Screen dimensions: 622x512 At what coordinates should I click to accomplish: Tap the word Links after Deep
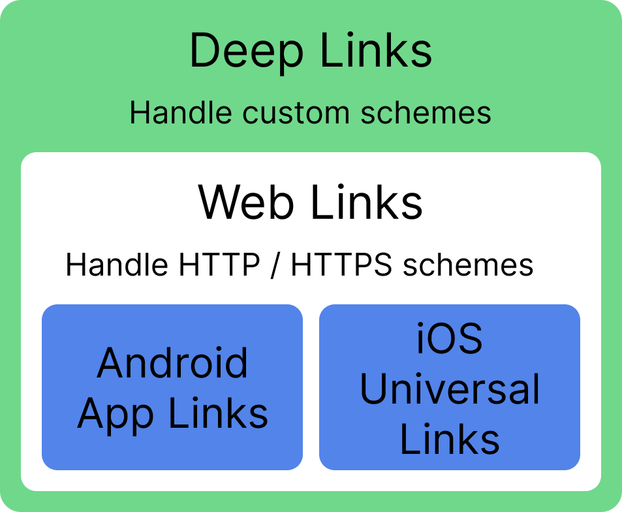377,51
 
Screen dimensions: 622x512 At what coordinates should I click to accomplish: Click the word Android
172,363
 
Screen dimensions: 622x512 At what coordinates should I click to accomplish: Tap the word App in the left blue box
111,414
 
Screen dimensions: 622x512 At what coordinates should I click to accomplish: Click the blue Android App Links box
172,451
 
